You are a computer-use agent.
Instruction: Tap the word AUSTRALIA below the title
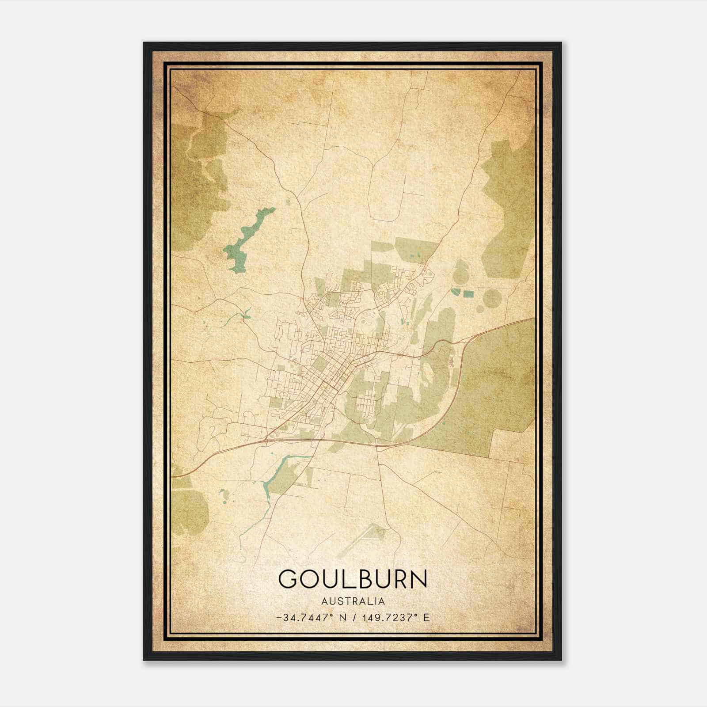click(x=353, y=601)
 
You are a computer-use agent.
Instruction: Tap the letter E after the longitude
click(x=426, y=617)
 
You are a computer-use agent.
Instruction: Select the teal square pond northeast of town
click(x=468, y=293)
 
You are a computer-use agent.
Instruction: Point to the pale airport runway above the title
click(x=360, y=539)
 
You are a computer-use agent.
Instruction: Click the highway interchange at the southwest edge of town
click(x=266, y=439)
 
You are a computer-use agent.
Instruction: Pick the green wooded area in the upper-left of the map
click(x=199, y=177)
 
